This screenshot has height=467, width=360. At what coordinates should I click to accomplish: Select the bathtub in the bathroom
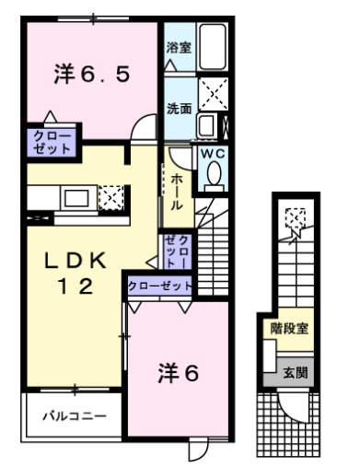[x=214, y=47]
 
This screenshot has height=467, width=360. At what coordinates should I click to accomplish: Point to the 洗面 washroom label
[x=179, y=108]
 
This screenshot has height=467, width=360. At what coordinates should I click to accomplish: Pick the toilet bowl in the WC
[x=214, y=173]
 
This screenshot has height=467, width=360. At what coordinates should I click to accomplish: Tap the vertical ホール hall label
[x=176, y=189]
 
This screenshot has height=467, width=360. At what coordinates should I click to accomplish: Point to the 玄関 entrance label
[x=294, y=372]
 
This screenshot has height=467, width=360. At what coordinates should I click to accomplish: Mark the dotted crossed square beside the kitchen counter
[x=110, y=196]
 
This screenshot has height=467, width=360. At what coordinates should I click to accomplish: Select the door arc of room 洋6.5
[x=142, y=128]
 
